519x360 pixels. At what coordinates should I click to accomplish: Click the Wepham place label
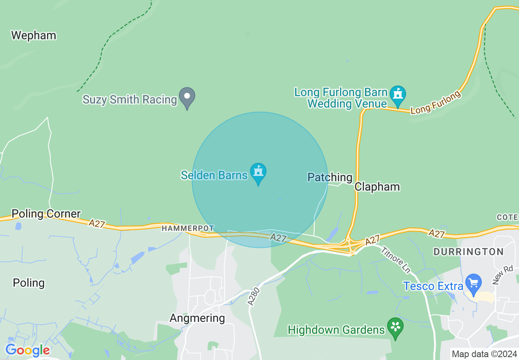pos(34,36)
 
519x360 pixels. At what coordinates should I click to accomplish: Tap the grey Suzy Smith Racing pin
pos(187,97)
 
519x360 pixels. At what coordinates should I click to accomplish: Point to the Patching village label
pos(329,177)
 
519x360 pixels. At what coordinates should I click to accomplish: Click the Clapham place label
pos(377,187)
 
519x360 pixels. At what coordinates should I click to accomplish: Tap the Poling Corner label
pos(46,214)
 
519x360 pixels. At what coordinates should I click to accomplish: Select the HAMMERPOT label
pos(187,228)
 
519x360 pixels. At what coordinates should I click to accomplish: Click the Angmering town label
pos(197,318)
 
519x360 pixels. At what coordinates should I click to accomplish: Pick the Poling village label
pos(29,283)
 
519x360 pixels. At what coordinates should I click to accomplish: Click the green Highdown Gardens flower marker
pos(395,327)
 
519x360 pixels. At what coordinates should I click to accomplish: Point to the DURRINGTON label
pos(468,252)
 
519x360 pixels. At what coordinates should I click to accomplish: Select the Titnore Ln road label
pos(395,260)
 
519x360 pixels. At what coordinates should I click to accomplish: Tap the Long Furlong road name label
pos(436,102)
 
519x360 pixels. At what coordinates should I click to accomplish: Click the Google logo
pos(27,350)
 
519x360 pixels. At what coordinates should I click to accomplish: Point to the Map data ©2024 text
pos(484,354)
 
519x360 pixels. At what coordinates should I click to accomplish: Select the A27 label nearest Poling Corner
pos(97,223)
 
